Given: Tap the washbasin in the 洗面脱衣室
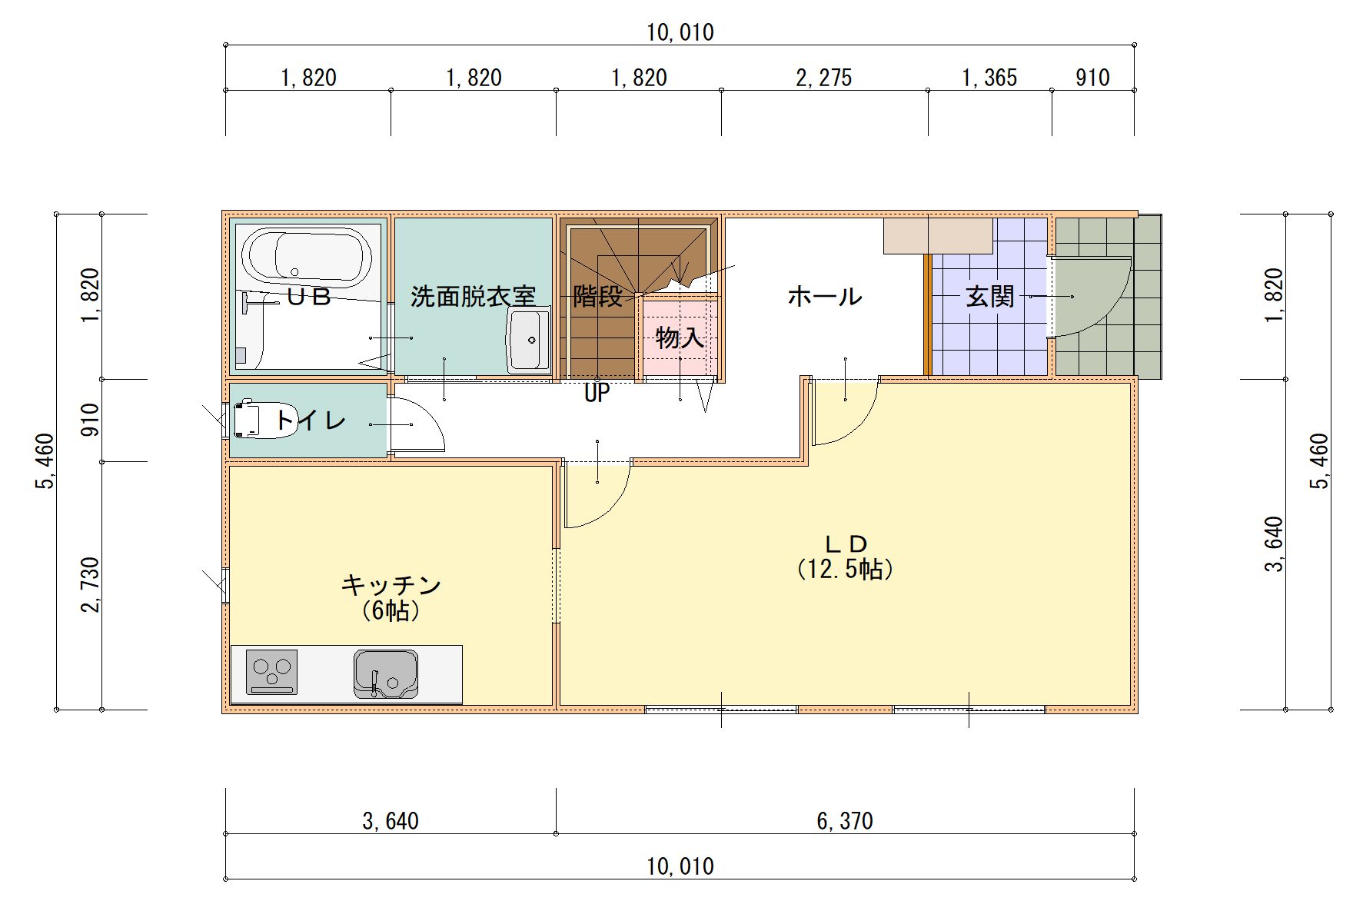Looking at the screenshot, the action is coord(528,340).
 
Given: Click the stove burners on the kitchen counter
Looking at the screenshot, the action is coord(271,672).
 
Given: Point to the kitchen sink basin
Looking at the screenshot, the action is coord(386,674).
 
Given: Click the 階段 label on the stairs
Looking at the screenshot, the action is coord(597,296).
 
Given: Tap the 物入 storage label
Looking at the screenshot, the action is coord(680,337).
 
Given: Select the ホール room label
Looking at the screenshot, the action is coord(825,296).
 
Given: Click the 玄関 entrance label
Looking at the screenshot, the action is coord(990,296).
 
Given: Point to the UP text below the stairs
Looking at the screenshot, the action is coord(597,394).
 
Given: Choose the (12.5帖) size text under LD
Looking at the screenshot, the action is coord(846,570).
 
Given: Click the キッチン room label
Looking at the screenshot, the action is coord(391,585).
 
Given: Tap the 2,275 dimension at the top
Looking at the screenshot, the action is coord(824,78).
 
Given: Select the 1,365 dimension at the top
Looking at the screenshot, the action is coord(989,78).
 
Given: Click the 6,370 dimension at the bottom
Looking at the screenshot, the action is coord(845,821).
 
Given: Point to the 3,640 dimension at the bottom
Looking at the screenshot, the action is coord(391,821).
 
